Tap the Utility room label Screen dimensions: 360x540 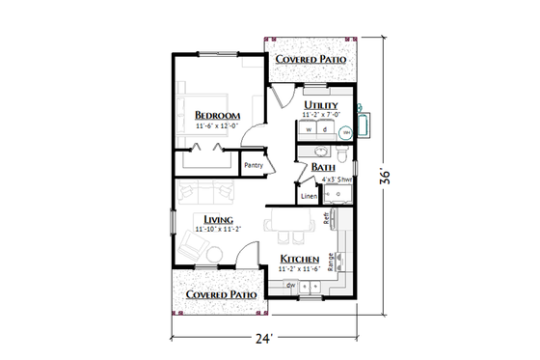click(320, 104)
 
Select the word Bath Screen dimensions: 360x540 click(323, 167)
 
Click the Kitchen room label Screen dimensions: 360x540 click(300, 260)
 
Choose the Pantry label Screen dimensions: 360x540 click(254, 165)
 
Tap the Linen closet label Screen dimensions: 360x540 click(309, 197)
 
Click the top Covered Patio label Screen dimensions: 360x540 click(311, 59)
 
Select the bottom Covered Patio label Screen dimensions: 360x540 click(220, 293)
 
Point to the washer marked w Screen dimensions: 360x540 click(310, 127)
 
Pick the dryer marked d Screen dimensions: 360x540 click(325, 127)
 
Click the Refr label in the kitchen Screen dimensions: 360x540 click(328, 221)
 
